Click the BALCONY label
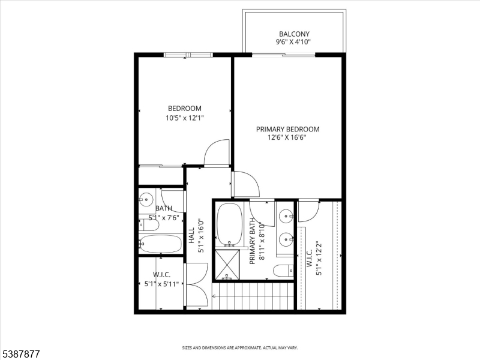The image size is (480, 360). (x=294, y=34)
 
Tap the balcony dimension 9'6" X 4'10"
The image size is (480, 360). (x=294, y=42)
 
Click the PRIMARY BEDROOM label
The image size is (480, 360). (x=287, y=129)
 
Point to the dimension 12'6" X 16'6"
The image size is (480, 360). (x=287, y=137)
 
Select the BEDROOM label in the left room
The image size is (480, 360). (x=184, y=109)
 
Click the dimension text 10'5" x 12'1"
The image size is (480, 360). (x=185, y=118)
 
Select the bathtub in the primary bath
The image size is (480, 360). (x=228, y=225)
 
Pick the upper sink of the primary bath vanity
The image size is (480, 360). (x=287, y=214)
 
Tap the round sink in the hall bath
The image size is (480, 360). (x=146, y=198)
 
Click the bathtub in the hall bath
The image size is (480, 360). (x=160, y=244)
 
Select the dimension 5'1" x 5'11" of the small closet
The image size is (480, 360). (x=162, y=284)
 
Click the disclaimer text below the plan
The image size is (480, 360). (x=240, y=347)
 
